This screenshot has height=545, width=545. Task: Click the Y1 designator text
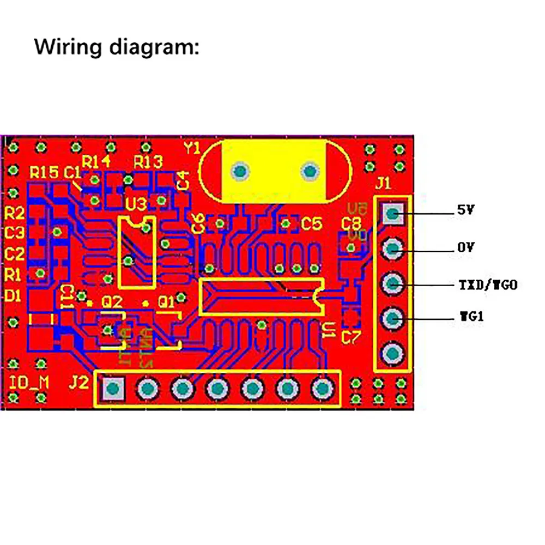click(x=193, y=148)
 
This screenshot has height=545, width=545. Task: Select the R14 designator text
click(x=96, y=161)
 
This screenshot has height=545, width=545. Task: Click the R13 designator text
click(x=148, y=161)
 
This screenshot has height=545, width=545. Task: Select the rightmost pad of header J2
click(x=321, y=389)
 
